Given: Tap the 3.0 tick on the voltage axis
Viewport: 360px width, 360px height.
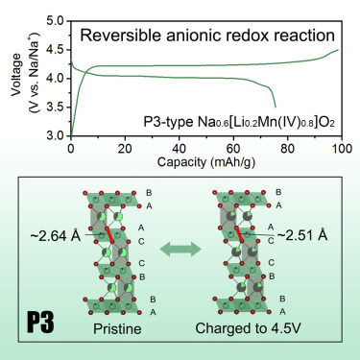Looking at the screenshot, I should [56, 136].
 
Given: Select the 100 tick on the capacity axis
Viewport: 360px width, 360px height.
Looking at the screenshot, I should [339, 151].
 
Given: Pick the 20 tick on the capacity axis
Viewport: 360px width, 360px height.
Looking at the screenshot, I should [125, 151].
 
